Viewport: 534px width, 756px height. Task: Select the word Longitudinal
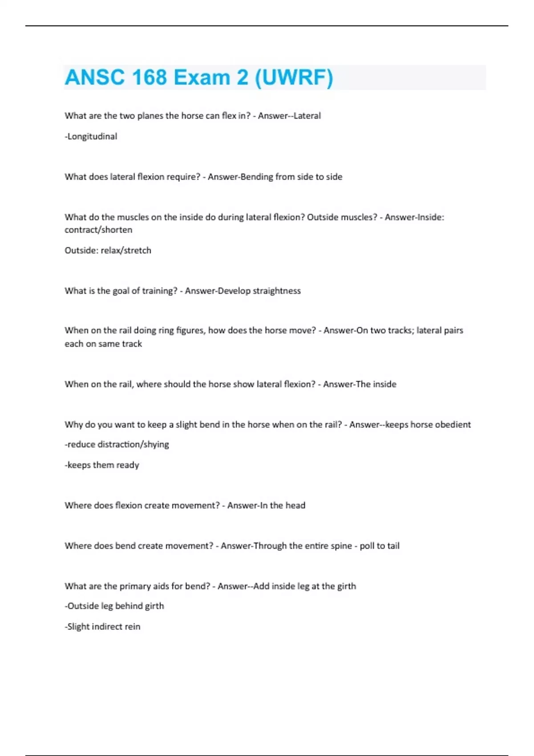[x=92, y=137]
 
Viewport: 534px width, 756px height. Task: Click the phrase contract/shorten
[x=98, y=230]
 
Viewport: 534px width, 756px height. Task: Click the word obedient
[x=453, y=425]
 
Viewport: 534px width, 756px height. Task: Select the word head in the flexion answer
[x=295, y=506]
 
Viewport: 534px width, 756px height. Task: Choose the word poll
[x=367, y=546]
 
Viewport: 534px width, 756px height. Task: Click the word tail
[x=393, y=546]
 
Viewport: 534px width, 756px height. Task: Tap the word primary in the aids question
[x=134, y=587]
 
